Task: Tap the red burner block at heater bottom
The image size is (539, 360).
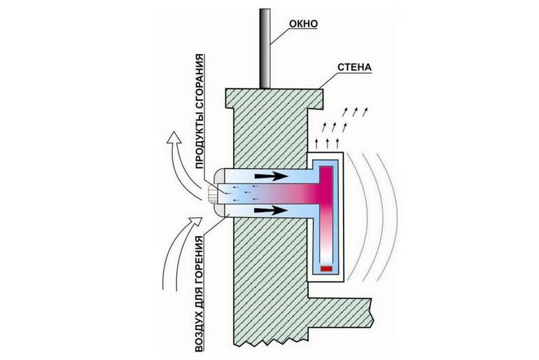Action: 325,268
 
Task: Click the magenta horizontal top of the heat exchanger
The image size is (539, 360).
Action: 326,172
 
